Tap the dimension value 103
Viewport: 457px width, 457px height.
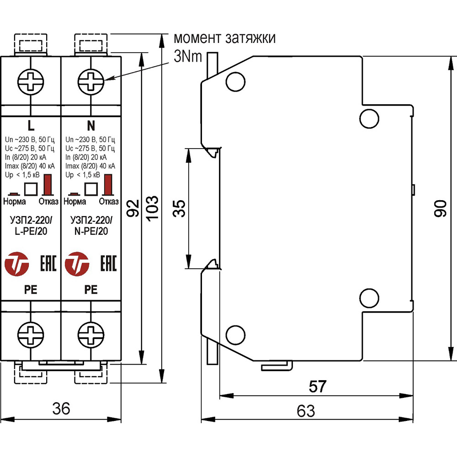(x=152, y=208)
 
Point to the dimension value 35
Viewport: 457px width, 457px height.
(x=179, y=208)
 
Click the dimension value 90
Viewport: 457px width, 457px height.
(x=440, y=208)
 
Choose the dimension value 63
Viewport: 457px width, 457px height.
(x=306, y=411)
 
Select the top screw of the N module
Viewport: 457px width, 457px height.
(x=91, y=82)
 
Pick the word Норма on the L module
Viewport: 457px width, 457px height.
(x=15, y=202)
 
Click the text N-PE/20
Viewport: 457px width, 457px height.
(x=90, y=232)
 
